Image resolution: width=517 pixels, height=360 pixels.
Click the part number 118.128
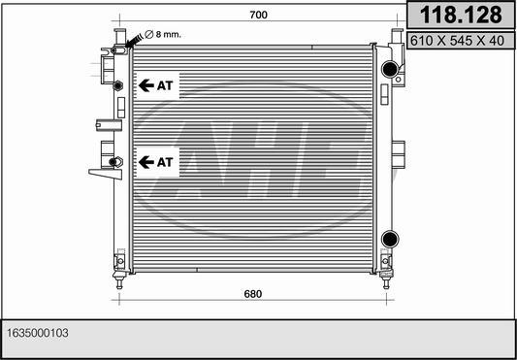pos(459,15)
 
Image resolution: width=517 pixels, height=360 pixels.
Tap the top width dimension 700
pos(257,16)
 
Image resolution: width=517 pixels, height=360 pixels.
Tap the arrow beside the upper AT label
pos(146,85)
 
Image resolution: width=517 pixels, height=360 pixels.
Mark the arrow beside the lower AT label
pos(146,161)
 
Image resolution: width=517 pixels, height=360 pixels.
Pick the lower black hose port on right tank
pos(389,239)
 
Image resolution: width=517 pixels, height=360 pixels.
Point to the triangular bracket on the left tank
pos(100,172)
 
